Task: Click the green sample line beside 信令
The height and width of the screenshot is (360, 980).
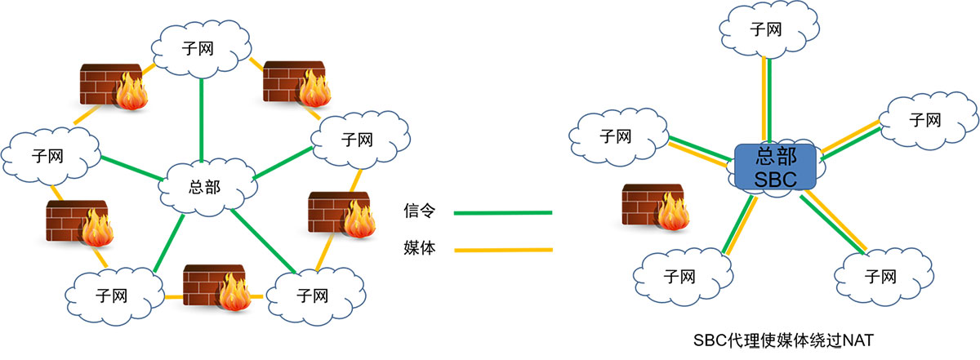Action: (502, 213)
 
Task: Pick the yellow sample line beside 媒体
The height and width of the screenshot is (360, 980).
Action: (502, 250)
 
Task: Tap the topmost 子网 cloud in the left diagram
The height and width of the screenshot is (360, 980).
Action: (199, 47)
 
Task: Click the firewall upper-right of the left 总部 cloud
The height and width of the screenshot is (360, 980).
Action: (294, 83)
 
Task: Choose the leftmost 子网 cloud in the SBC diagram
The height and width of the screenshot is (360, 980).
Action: (617, 136)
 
